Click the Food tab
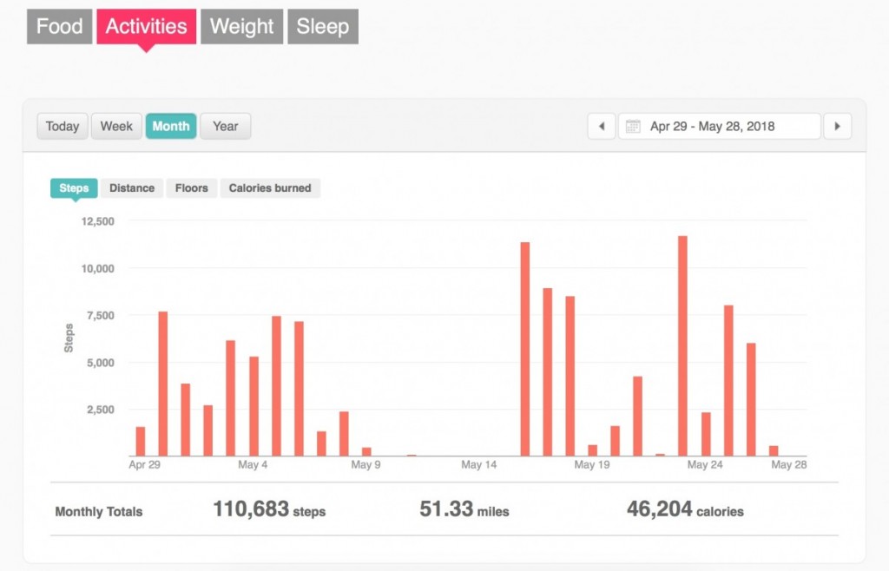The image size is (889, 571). coord(59,26)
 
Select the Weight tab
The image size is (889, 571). coord(241,26)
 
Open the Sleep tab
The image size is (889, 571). coord(322,26)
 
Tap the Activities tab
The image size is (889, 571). coord(146,26)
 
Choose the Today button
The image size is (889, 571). coord(63,126)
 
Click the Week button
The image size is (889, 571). coord(116,126)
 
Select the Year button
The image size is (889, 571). coord(225,126)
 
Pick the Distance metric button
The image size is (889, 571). coord(132,187)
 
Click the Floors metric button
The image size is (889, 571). coord(192,187)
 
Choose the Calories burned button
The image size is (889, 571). coord(270,187)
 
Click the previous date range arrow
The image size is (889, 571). coord(602,126)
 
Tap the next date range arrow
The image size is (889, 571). coord(837,126)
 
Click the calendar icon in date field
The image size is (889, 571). coord(633,126)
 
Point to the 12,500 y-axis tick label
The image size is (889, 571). coord(97,221)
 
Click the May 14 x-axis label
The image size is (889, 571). coord(479,465)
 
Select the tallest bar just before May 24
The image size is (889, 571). coord(682,345)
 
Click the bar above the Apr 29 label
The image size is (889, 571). coord(141,441)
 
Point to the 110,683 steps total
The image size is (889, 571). coord(269,510)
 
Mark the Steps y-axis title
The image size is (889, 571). coord(69,338)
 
